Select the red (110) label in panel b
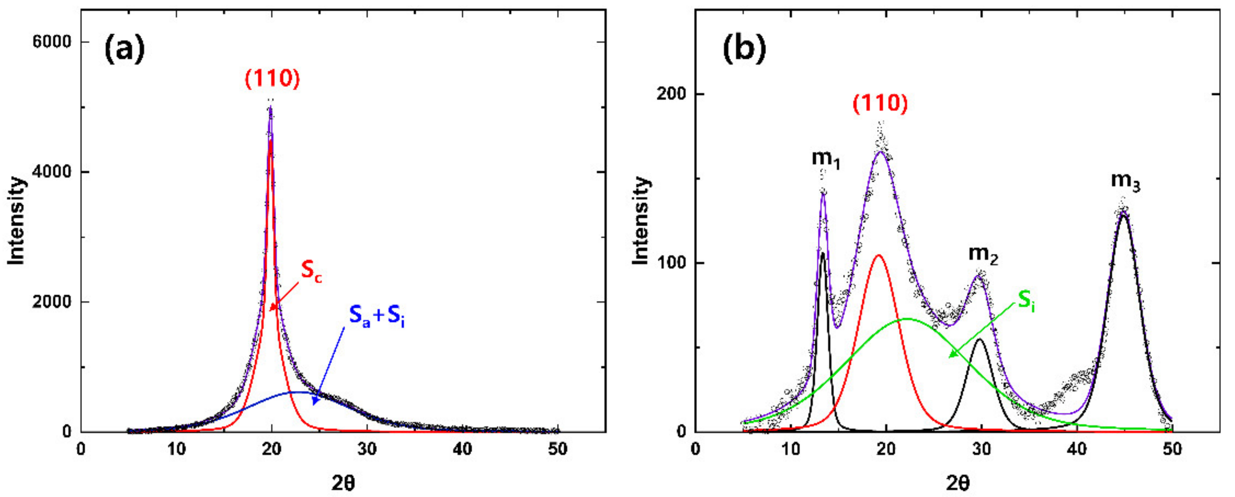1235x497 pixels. [x=880, y=104]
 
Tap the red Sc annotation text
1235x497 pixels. [x=311, y=271]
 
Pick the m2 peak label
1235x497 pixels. [x=983, y=254]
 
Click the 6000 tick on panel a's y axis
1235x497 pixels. [x=51, y=42]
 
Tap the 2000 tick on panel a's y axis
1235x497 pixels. [x=51, y=302]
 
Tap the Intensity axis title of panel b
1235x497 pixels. [x=641, y=221]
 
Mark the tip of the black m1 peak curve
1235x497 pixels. [x=823, y=253]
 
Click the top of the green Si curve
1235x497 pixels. [x=907, y=318]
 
